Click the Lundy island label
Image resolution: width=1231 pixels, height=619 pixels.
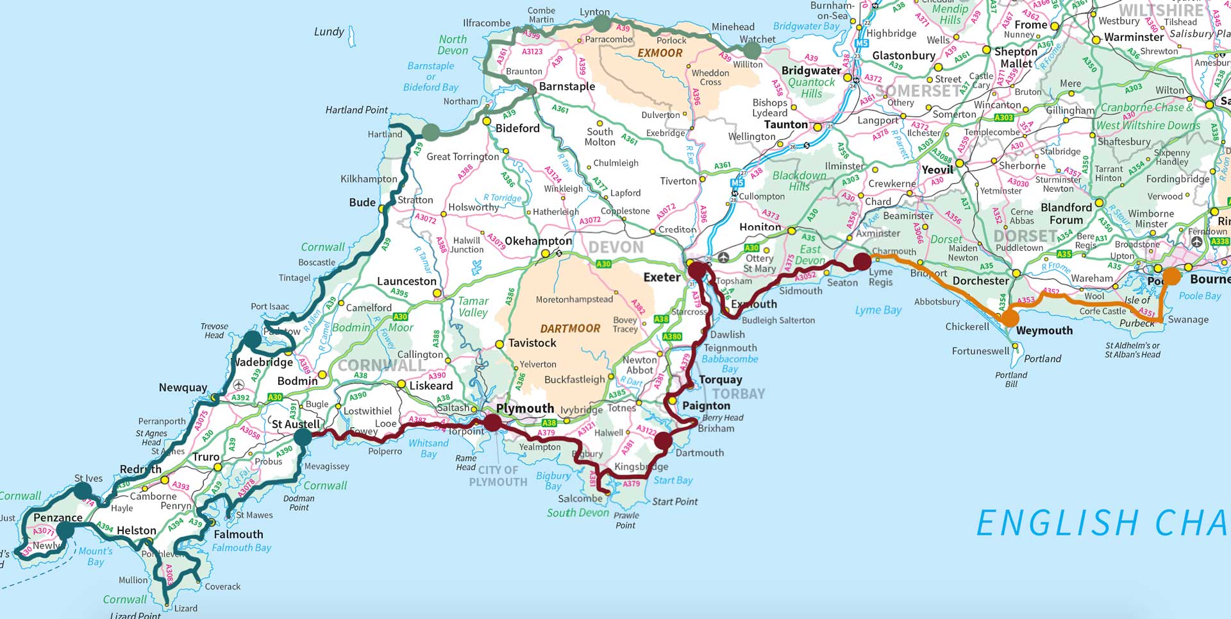(329, 32)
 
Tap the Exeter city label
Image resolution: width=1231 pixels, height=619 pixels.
(662, 278)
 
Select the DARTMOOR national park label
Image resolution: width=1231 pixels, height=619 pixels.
(570, 328)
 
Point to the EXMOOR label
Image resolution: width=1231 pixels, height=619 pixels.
(660, 53)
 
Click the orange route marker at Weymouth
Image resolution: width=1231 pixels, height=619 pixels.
(1010, 318)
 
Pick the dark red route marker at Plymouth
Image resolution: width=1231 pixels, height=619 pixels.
(492, 422)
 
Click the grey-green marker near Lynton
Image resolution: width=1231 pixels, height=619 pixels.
(601, 24)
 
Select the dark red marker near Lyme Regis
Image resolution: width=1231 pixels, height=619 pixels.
(862, 261)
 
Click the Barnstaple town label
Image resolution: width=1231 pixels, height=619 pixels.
(567, 87)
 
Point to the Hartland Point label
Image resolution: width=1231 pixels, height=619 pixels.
(356, 110)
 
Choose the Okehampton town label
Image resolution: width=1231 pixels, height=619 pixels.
(538, 241)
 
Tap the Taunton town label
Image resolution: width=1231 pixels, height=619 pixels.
(785, 124)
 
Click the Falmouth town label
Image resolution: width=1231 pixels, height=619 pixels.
(238, 534)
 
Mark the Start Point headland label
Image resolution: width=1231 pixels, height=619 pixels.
(674, 502)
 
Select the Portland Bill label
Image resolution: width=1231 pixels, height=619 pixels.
(1011, 379)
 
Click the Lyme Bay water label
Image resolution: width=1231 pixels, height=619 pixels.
(878, 310)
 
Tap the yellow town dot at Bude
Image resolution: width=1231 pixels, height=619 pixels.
(382, 209)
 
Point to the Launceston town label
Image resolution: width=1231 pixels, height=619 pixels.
(406, 282)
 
